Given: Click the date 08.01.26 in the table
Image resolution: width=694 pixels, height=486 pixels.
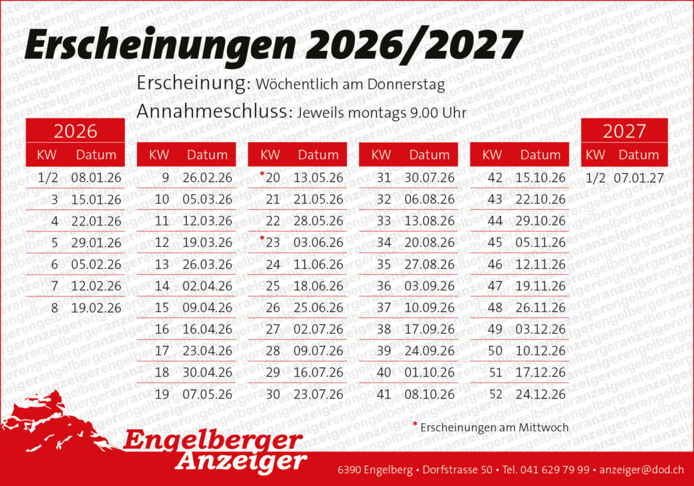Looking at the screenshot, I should (96, 178).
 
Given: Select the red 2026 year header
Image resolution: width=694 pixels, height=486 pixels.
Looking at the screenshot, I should (75, 131).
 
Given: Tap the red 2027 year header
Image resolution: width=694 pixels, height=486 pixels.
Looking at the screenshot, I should (624, 131).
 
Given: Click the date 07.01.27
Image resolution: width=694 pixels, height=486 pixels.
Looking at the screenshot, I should (639, 178).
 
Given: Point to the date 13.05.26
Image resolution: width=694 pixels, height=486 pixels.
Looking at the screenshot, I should (319, 178).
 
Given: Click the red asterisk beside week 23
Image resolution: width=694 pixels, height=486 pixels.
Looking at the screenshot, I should (262, 239).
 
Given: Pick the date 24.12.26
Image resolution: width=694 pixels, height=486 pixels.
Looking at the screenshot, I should (541, 394).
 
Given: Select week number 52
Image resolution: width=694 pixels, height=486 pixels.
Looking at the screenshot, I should (495, 394).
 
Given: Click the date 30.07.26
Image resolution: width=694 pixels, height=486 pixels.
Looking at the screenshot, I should (430, 178).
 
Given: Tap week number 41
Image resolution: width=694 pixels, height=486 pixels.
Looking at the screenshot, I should (384, 394).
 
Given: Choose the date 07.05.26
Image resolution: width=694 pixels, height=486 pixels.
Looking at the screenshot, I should (207, 394).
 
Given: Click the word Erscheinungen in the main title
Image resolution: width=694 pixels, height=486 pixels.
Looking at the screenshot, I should (160, 46).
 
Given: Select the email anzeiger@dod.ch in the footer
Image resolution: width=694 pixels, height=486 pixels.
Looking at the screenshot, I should (642, 470).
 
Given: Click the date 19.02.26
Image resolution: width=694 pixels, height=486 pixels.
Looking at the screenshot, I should (96, 308).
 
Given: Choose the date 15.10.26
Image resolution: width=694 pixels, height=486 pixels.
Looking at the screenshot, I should (541, 178).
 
